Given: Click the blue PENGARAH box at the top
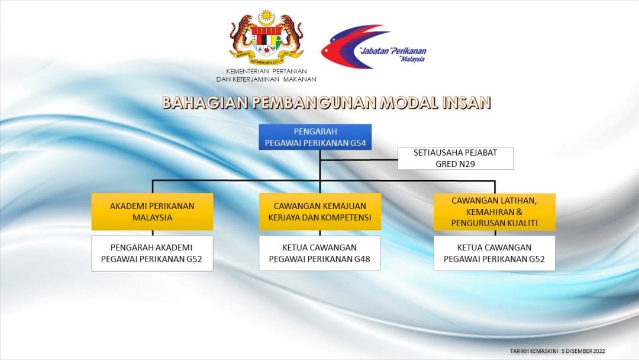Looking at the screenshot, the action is [x=315, y=137].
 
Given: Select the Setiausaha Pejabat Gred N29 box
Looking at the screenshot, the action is [x=455, y=158].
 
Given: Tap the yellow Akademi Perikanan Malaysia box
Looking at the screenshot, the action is [x=153, y=211].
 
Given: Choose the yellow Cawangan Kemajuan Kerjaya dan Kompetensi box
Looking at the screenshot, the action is [x=320, y=211].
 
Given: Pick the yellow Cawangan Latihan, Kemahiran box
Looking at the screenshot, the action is [x=494, y=212].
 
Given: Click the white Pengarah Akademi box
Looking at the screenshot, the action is [x=152, y=253].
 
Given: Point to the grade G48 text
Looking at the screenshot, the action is [x=362, y=259].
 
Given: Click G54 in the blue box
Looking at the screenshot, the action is [x=358, y=143].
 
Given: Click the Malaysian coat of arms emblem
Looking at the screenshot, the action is [x=266, y=38].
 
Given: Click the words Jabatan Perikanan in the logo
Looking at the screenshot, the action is [x=393, y=51].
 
